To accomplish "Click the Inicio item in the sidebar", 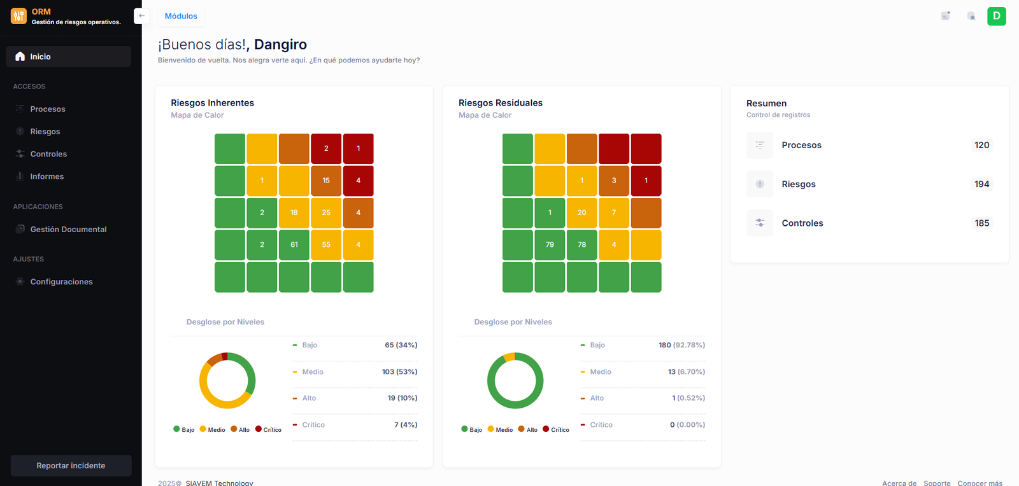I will pyautogui.click(x=40, y=57).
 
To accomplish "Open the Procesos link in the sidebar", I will pyautogui.click(x=47, y=109).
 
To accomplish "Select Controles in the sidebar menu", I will pyautogui.click(x=48, y=154).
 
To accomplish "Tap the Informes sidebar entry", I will pyautogui.click(x=46, y=176).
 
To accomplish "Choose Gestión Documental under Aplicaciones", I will pyautogui.click(x=68, y=229).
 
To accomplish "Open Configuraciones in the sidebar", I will pyautogui.click(x=61, y=282).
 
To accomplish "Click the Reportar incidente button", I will pyautogui.click(x=71, y=466).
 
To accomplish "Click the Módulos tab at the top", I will pyautogui.click(x=181, y=16).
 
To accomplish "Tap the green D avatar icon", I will pyautogui.click(x=996, y=16).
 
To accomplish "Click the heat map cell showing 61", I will pyautogui.click(x=294, y=245).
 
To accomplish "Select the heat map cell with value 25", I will pyautogui.click(x=326, y=212).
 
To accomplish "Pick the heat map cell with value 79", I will pyautogui.click(x=550, y=245).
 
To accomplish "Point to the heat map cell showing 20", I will pyautogui.click(x=581, y=212).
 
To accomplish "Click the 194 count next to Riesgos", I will pyautogui.click(x=981, y=184).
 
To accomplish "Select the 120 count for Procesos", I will pyautogui.click(x=981, y=145).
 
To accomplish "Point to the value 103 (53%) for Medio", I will pyautogui.click(x=399, y=371).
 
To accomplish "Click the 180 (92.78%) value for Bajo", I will pyautogui.click(x=681, y=345).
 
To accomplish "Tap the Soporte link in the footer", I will pyautogui.click(x=937, y=483).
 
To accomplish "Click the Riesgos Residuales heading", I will pyautogui.click(x=501, y=103).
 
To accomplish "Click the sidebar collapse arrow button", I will pyautogui.click(x=141, y=16).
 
